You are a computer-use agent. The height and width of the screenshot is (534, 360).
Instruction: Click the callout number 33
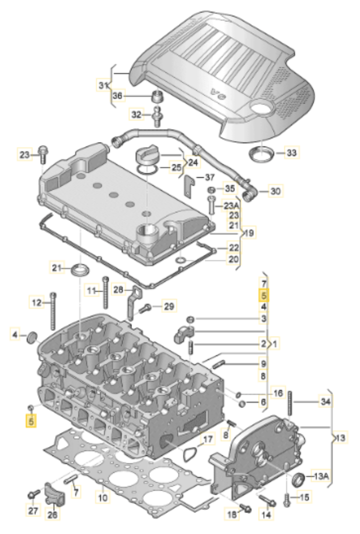coord(292,152)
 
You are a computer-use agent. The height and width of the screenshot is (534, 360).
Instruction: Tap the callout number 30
coord(275,191)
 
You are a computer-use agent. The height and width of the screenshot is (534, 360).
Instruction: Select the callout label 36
coord(117,95)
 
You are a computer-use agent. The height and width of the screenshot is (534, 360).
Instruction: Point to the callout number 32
coord(136,114)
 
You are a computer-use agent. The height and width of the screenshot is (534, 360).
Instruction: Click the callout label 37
coord(210,177)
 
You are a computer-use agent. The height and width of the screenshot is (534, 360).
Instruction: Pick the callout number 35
coord(230,188)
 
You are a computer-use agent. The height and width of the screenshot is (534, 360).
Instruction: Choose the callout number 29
coord(169,306)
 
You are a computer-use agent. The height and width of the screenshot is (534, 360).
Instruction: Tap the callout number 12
coord(36,302)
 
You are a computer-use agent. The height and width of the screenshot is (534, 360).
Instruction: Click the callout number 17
coord(208,439)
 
